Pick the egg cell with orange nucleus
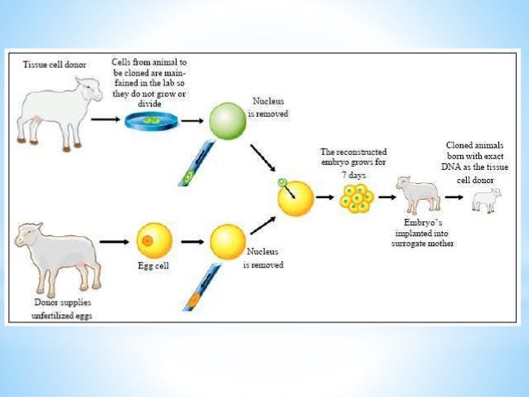(x=153, y=241)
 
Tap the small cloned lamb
(x=486, y=200)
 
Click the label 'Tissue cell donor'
(x=56, y=64)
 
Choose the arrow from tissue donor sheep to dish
(x=104, y=119)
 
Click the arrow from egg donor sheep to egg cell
(x=114, y=242)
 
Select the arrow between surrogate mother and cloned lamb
(x=452, y=197)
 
